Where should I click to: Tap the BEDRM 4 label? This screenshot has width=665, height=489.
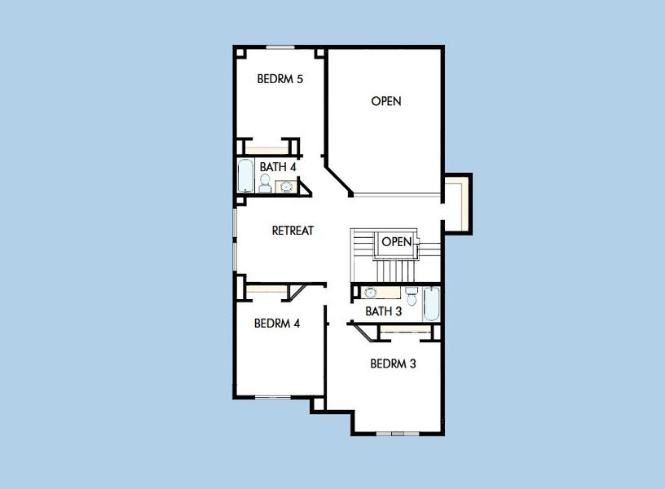[277, 323]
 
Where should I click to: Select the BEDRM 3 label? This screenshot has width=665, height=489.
[393, 363]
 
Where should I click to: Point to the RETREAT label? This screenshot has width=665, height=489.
[293, 231]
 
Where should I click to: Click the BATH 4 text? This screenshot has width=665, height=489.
[278, 166]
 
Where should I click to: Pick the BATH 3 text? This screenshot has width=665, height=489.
[384, 311]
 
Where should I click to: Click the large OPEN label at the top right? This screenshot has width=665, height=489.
[386, 101]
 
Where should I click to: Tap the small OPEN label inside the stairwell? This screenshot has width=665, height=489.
[397, 242]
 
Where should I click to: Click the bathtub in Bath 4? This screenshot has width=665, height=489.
[244, 176]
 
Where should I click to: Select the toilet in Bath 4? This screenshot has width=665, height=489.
[265, 184]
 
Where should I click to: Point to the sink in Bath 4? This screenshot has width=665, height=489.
[286, 186]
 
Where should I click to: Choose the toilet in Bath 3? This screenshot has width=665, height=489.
[412, 297]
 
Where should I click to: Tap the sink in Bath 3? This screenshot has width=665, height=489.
[371, 293]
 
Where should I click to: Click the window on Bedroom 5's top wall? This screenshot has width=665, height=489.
[280, 47]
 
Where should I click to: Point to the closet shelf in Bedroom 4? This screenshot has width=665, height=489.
[266, 289]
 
